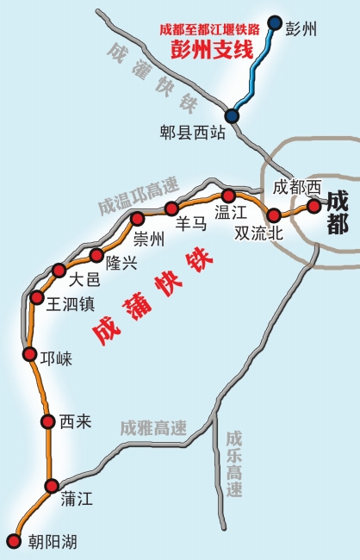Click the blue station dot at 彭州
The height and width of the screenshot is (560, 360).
point(275,22)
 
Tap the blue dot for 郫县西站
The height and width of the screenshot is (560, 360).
point(232,115)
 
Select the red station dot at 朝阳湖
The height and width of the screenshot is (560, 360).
point(13,541)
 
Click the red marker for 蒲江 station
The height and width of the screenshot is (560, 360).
point(52,486)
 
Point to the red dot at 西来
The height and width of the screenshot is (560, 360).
point(47,420)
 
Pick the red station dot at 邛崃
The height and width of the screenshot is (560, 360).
point(29,353)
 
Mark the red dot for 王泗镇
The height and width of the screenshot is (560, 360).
point(37,297)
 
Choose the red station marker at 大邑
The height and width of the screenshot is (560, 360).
point(59,270)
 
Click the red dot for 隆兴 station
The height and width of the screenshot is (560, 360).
point(96,255)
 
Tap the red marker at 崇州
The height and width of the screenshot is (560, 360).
point(137,219)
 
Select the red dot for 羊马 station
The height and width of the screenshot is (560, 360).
point(171,208)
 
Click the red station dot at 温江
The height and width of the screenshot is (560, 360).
point(228,196)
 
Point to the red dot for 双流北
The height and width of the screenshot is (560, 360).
point(274,215)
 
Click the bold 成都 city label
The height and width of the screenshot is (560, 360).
point(337,213)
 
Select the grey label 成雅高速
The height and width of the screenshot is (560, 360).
point(153,427)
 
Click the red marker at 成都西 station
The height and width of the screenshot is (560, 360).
point(314,206)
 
